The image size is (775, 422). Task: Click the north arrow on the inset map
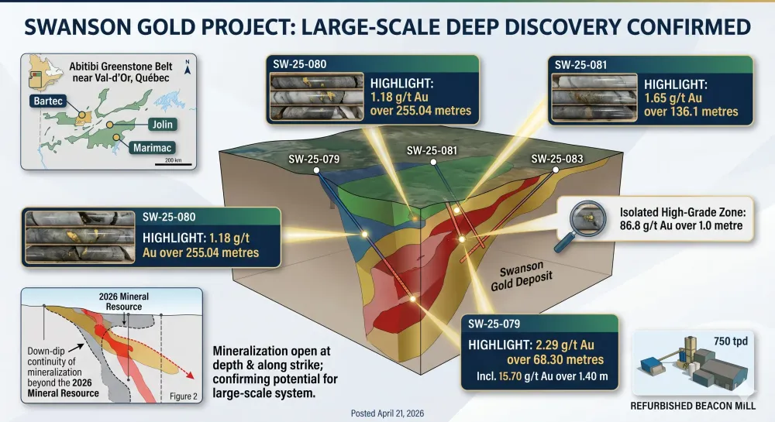[187, 64]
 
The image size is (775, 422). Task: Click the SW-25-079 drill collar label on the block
[313, 160]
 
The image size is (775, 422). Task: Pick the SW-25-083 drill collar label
[557, 159]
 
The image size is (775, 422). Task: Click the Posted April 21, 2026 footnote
[387, 413]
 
